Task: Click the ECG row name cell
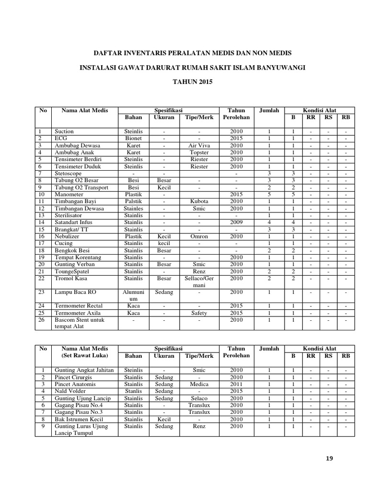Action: point(60,138)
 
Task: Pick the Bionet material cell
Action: point(133,138)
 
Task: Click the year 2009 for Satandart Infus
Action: point(236,222)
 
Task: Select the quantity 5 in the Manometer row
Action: point(269,195)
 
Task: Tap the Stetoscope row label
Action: point(68,173)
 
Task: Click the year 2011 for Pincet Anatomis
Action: point(236,384)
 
